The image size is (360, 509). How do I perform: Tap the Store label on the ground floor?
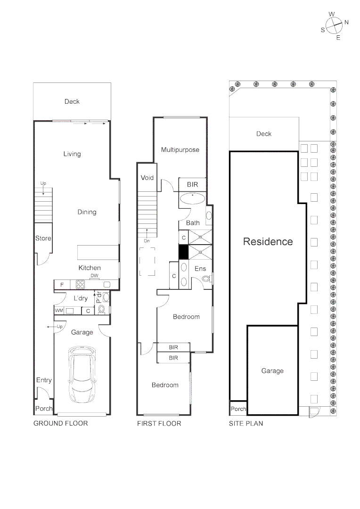[43, 238]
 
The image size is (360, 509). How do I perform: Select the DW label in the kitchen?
[95, 276]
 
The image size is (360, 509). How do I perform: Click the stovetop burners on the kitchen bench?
[80, 284]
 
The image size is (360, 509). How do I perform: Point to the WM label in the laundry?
[59, 311]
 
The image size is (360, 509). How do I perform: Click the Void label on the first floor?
[147, 178]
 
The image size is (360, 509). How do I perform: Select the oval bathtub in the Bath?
[192, 198]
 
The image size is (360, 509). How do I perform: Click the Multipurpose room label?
[180, 150]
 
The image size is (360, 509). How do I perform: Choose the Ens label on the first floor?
[200, 268]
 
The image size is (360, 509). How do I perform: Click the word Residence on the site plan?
[268, 242]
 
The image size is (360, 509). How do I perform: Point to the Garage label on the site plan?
[272, 371]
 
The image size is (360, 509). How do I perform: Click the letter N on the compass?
[346, 22]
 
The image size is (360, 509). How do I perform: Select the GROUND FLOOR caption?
[60, 423]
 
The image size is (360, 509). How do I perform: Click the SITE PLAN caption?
[246, 423]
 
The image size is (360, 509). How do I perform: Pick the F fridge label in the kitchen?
[62, 285]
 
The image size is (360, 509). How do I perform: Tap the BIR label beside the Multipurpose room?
[192, 185]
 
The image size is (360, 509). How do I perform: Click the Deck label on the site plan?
[264, 134]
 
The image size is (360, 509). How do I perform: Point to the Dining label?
[87, 212]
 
